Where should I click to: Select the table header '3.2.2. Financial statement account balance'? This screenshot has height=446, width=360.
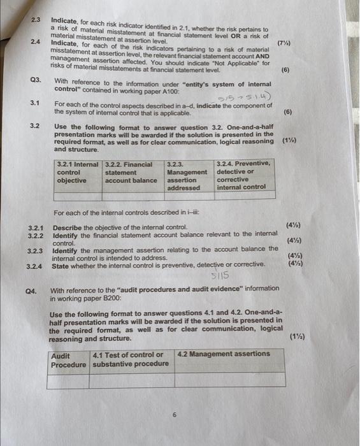[131, 172]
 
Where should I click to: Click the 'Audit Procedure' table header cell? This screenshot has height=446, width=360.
[69, 359]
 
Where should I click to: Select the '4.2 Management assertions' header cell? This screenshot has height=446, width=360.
[224, 354]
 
